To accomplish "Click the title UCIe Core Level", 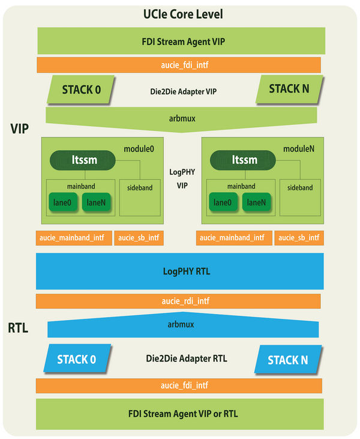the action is pyautogui.click(x=183, y=14).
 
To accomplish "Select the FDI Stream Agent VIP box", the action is pyautogui.click(x=181, y=41).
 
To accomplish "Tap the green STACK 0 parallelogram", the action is pyautogui.click(x=81, y=89).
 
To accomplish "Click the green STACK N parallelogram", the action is pyautogui.click(x=289, y=89).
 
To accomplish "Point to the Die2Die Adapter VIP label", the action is pyautogui.click(x=183, y=91).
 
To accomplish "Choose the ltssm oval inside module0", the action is pyautogui.click(x=83, y=160).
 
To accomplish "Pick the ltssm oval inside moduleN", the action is pyautogui.click(x=243, y=160).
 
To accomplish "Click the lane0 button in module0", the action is pyautogui.click(x=62, y=202).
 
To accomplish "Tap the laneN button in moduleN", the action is pyautogui.click(x=256, y=202).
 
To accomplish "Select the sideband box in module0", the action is pyautogui.click(x=140, y=198).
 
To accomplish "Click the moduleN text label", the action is pyautogui.click(x=299, y=149).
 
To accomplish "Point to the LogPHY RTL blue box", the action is pyautogui.click(x=180, y=271).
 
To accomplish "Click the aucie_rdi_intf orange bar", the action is pyautogui.click(x=178, y=301).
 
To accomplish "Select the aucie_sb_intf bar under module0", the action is pyautogui.click(x=139, y=238).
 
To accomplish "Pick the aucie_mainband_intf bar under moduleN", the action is pyautogui.click(x=234, y=238).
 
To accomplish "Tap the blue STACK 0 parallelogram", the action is pyautogui.click(x=77, y=359).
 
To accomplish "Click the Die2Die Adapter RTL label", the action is pyautogui.click(x=187, y=359).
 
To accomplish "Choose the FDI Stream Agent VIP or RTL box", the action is pyautogui.click(x=180, y=414).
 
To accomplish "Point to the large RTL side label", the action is pyautogui.click(x=18, y=328).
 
